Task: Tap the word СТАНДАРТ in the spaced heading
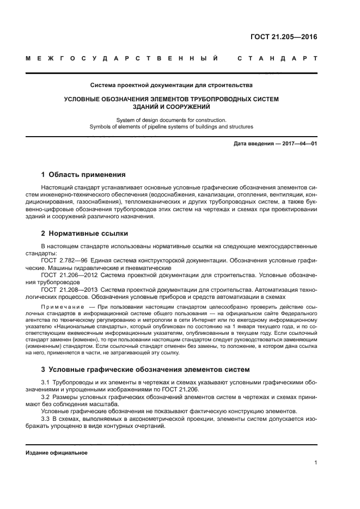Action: (x=277, y=58)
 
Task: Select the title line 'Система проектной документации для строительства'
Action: (x=171, y=85)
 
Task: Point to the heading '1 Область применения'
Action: (x=83, y=175)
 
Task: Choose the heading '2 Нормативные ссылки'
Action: (x=84, y=234)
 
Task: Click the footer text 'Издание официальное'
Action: (x=57, y=453)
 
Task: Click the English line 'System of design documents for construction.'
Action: (x=171, y=119)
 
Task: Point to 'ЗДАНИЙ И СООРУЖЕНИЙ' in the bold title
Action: (x=171, y=107)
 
